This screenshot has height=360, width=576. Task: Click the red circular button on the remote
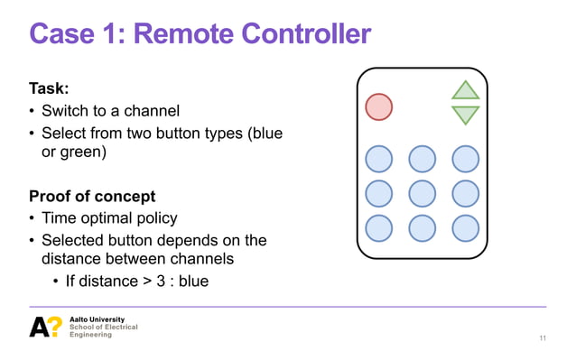(378, 106)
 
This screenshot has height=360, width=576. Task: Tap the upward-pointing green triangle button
(465, 91)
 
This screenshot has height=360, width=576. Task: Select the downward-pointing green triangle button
(465, 115)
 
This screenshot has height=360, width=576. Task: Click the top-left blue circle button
(378, 159)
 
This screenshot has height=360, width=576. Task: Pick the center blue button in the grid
(422, 193)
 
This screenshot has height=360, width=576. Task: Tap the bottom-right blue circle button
(465, 227)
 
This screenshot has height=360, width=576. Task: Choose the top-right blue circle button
(465, 159)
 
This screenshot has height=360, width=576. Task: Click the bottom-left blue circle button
(378, 227)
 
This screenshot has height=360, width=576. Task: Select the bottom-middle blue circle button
(422, 227)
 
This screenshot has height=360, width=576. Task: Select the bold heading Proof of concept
(92, 196)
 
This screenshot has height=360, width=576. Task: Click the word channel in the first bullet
(153, 111)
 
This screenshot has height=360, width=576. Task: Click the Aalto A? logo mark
(45, 328)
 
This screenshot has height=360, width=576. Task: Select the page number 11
(542, 337)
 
